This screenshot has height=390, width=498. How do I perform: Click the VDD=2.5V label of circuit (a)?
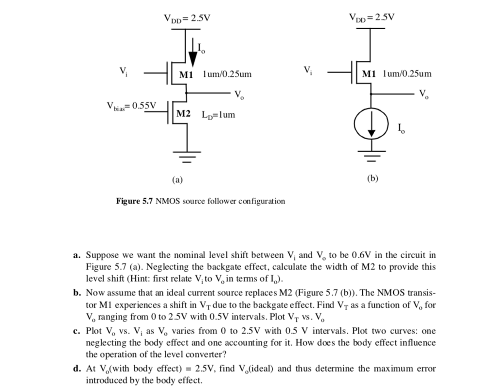coord(187,19)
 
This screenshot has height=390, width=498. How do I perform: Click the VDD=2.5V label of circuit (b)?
coord(372,18)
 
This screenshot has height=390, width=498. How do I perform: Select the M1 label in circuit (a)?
coord(186,75)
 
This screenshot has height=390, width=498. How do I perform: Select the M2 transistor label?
coord(183,114)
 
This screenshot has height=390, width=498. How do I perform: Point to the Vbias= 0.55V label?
coord(131,106)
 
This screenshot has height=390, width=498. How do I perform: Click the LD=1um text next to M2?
coord(218,115)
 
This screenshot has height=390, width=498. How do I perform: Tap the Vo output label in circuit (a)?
coord(239,94)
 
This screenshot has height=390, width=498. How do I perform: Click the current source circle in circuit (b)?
coord(371,125)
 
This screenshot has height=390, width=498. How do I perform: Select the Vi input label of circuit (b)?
coord(308,70)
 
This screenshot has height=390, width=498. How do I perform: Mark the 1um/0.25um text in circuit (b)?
coord(407,74)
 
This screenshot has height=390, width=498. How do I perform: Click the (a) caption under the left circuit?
coord(177,179)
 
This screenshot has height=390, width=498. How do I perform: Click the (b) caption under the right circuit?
coord(372,178)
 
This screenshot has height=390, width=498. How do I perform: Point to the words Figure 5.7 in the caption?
coord(134,201)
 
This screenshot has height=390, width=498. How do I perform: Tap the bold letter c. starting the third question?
coord(77,331)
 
